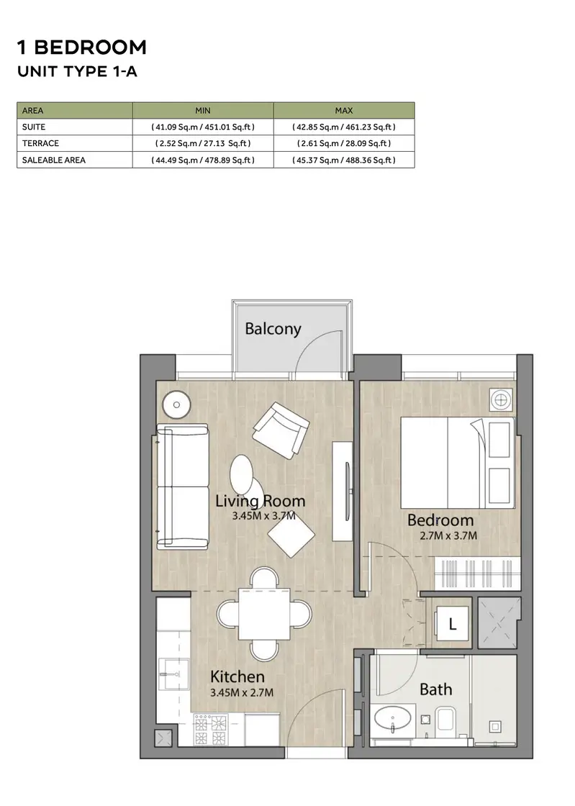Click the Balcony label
[273, 329]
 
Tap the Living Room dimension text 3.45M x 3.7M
[263, 515]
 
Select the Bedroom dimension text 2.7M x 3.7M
[448, 535]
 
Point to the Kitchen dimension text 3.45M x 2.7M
[242, 692]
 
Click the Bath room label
[435, 689]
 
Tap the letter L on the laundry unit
[452, 624]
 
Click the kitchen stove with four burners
[211, 730]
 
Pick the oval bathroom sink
[392, 718]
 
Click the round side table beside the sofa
[176, 404]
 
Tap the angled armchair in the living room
[281, 430]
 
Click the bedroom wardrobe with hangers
[474, 573]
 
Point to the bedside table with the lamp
[501, 399]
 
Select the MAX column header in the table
[344, 111]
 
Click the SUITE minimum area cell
[203, 127]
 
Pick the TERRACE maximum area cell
[344, 143]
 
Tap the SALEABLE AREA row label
[54, 160]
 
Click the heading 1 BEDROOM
[82, 47]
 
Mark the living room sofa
[182, 487]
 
